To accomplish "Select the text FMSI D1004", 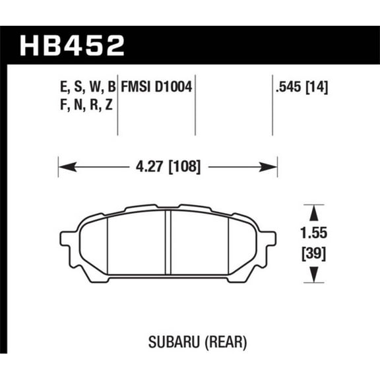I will [x=156, y=86].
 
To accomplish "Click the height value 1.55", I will [x=314, y=233].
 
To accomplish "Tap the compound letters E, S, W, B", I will [x=82, y=86].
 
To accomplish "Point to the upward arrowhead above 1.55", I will [x=314, y=211].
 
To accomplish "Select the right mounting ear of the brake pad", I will [x=268, y=241].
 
